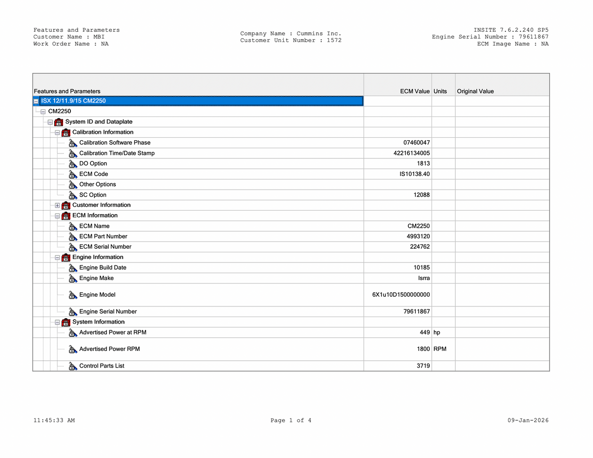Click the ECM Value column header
point(415,91)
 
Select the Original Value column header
point(475,91)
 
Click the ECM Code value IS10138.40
point(415,174)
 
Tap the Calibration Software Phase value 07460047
point(416,143)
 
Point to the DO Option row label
point(93,164)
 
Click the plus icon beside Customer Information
point(58,205)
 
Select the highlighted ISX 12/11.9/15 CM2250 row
point(73,101)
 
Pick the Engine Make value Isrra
point(424,278)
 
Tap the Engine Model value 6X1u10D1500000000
point(401,295)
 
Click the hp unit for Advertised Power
point(437,332)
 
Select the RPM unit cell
point(440,349)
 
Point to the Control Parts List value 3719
point(423,366)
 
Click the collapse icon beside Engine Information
point(58,258)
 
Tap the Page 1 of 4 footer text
point(291,420)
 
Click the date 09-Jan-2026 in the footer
point(528,420)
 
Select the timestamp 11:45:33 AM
point(54,420)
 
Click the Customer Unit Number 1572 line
point(291,41)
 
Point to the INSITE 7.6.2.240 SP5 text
point(511,30)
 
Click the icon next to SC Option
point(73,195)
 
